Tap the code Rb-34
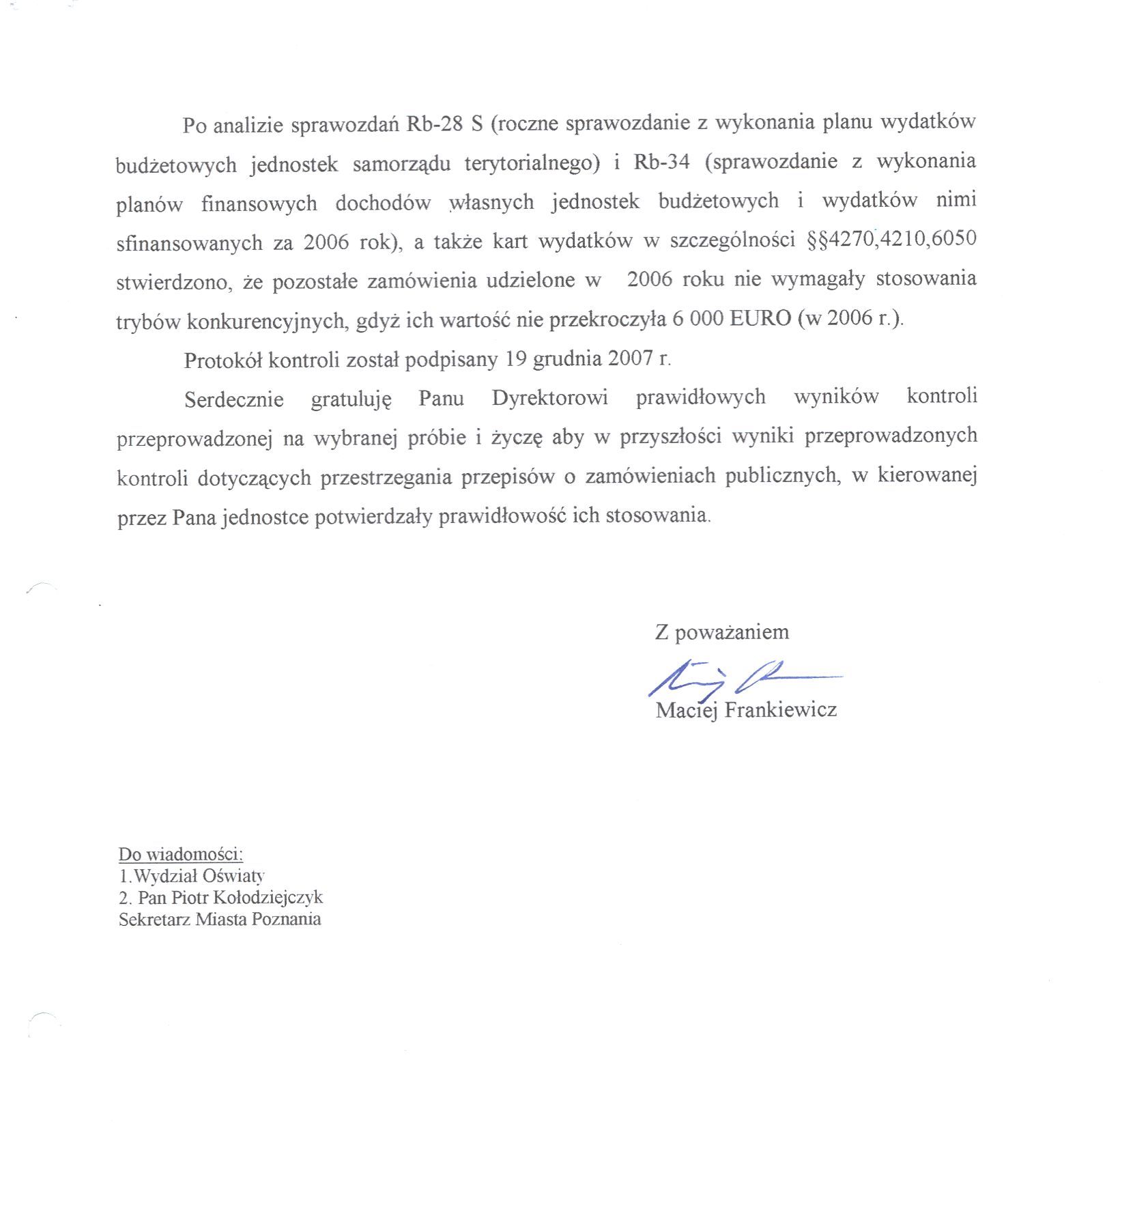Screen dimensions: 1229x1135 click(x=661, y=162)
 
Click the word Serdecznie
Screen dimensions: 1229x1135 click(x=233, y=399)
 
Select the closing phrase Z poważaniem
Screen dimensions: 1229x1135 click(x=721, y=632)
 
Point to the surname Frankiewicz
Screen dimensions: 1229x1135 click(x=780, y=710)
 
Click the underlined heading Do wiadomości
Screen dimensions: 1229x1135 click(x=180, y=854)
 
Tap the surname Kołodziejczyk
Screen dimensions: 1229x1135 click(x=268, y=897)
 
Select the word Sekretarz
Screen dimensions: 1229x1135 click(x=154, y=919)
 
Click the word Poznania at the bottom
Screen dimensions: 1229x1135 click(x=286, y=919)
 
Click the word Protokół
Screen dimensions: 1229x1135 click(x=222, y=360)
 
